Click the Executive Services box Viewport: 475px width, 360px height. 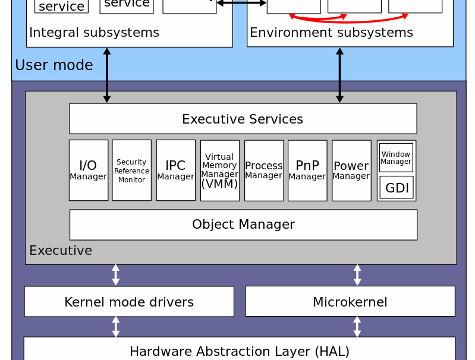tap(243, 119)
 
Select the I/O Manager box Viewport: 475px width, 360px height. tap(89, 170)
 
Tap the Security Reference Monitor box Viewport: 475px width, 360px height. tap(131, 170)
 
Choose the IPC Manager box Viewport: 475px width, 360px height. tap(175, 170)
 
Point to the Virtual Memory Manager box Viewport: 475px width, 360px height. tap(220, 170)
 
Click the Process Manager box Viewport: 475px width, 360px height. tap(264, 170)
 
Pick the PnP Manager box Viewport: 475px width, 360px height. tap(307, 170)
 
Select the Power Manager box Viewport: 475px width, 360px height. tap(351, 170)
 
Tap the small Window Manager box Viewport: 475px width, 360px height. tap(396, 157)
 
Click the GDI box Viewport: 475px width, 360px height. tap(397, 188)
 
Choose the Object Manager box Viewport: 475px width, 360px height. tap(243, 225)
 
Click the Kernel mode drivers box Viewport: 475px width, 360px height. tap(129, 302)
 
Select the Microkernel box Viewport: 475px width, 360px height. tap(350, 302)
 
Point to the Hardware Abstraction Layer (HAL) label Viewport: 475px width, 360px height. tap(240, 351)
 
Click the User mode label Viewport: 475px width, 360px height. tap(54, 65)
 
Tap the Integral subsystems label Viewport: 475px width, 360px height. tap(94, 33)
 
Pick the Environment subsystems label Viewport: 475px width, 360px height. tap(331, 33)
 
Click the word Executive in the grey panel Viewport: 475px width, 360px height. tap(61, 251)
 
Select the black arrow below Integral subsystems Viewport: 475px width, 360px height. tap(107, 75)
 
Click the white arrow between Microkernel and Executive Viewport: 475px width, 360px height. tap(357, 275)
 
